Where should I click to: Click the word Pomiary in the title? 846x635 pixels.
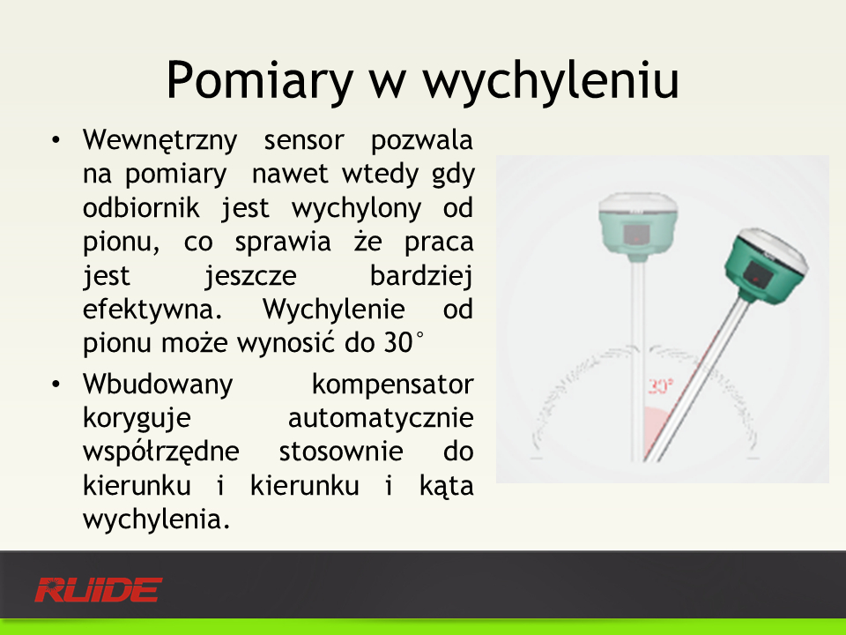tap(259, 81)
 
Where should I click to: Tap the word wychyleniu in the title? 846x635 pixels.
tap(550, 81)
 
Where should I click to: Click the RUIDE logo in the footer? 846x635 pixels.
tap(98, 590)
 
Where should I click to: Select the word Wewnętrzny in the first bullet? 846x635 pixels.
tap(160, 141)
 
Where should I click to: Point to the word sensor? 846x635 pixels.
tap(304, 141)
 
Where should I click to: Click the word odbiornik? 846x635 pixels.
tap(141, 208)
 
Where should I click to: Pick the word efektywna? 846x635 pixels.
tap(152, 310)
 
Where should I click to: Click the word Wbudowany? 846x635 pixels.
tap(158, 385)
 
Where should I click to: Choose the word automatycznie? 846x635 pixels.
tap(381, 419)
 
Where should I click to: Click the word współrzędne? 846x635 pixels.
tap(160, 452)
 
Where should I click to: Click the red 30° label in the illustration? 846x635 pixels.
tap(660, 386)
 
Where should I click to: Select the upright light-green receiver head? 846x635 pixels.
tap(638, 227)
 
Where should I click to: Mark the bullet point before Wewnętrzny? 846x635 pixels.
tap(56, 141)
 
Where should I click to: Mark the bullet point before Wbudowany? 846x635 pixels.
tap(56, 385)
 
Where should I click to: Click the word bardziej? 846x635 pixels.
tap(421, 276)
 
